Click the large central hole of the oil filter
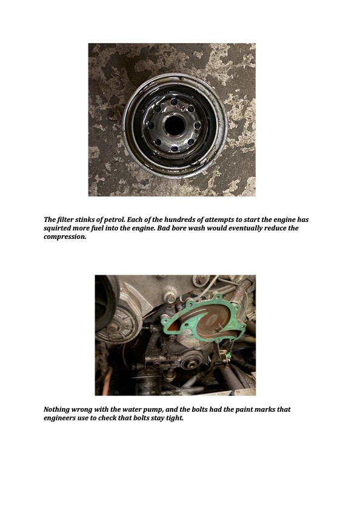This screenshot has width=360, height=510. click(174, 125)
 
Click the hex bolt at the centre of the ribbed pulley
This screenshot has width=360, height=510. click(113, 327)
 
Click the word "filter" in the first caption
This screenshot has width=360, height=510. click(63, 220)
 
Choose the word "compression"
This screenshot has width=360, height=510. click(65, 237)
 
